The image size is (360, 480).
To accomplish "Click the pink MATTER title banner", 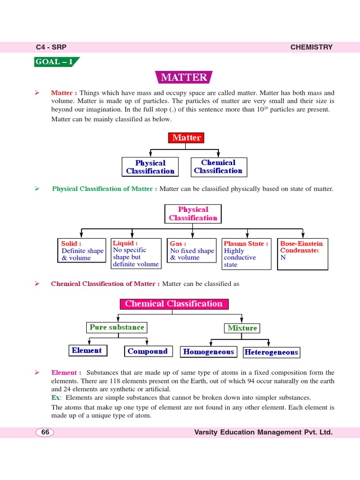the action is (x=184, y=77).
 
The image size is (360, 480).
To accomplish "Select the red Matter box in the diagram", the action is (x=187, y=138).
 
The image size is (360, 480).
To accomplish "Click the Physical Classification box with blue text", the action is (x=150, y=167).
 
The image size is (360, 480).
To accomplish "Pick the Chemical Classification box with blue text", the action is (x=218, y=167).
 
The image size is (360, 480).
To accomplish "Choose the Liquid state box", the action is (x=135, y=254).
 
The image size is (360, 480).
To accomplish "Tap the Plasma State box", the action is (x=247, y=254).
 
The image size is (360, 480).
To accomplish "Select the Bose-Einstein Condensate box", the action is (x=302, y=254).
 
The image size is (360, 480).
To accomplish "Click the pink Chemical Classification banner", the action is (x=174, y=304).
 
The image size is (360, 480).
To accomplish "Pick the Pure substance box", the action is (x=117, y=327).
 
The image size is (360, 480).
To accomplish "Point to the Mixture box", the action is (x=242, y=328).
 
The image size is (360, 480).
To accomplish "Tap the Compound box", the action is (x=148, y=351).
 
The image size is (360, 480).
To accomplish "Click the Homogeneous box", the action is (x=208, y=352).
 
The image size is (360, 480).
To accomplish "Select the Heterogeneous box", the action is (x=271, y=352).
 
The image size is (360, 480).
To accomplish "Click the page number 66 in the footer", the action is (x=45, y=432).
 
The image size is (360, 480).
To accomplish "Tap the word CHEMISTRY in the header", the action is (x=311, y=47).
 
